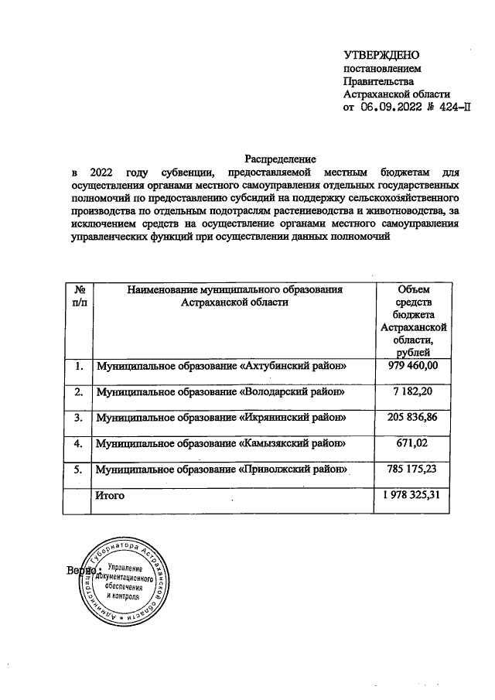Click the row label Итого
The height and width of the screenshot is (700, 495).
tap(109, 495)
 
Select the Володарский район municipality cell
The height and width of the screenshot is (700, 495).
tap(220, 392)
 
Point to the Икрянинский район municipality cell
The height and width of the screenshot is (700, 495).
tap(220, 418)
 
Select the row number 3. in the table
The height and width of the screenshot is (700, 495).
tap(78, 418)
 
